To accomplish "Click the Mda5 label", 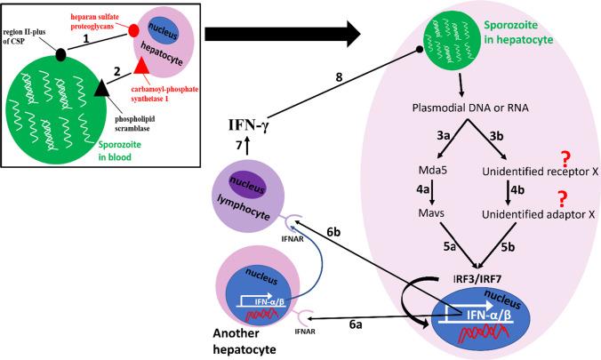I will tap(432, 194).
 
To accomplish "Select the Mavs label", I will tap(433, 238).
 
